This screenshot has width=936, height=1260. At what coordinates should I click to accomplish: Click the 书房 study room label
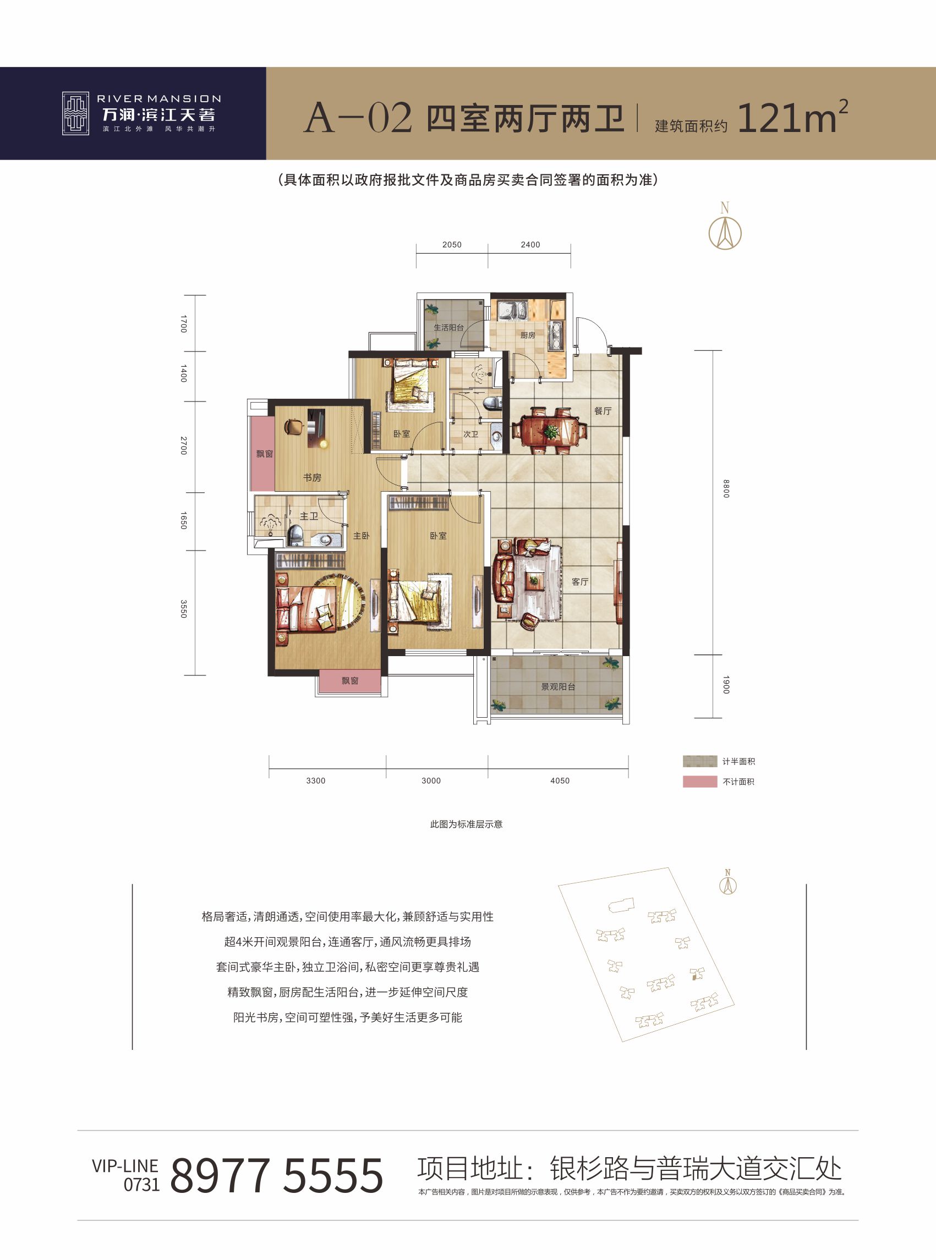(x=311, y=477)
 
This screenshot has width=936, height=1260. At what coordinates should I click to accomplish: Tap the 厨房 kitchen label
(x=528, y=335)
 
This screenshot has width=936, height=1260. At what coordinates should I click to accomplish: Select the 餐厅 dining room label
(x=603, y=411)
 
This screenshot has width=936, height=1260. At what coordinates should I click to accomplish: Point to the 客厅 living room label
(x=579, y=581)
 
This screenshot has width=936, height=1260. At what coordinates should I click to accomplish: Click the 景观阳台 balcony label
(x=558, y=686)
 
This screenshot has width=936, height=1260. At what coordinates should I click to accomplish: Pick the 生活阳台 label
(x=448, y=327)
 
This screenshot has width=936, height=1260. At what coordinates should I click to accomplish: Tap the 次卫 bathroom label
(x=471, y=434)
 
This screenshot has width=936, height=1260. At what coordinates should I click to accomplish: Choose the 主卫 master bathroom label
(x=309, y=516)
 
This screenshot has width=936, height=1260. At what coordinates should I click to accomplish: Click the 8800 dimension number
(x=726, y=488)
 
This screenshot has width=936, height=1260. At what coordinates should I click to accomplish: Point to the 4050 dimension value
(x=560, y=780)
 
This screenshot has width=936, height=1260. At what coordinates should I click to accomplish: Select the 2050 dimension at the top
(x=452, y=245)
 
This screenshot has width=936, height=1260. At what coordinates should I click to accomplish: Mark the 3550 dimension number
(x=183, y=609)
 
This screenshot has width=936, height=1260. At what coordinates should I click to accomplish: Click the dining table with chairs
(x=549, y=431)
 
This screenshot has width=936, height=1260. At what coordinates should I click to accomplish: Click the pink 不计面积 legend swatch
(x=700, y=782)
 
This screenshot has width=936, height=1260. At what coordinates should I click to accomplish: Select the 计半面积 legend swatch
(x=700, y=761)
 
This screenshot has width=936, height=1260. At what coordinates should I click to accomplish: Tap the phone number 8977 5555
(x=276, y=1175)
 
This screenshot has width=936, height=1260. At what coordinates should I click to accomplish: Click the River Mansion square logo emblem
(x=75, y=113)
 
